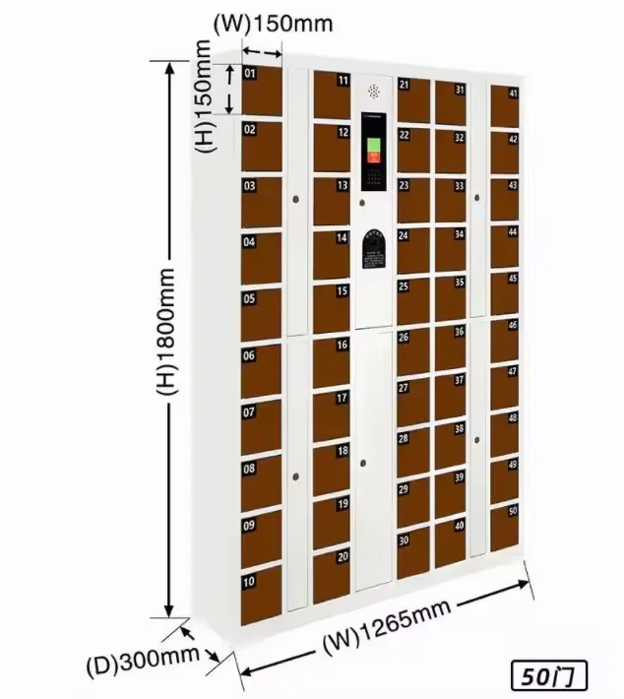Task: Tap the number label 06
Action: click(249, 356)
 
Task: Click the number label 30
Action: click(404, 540)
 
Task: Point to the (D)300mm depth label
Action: click(157, 661)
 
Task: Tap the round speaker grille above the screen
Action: click(374, 91)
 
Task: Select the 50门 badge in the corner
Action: click(549, 677)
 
